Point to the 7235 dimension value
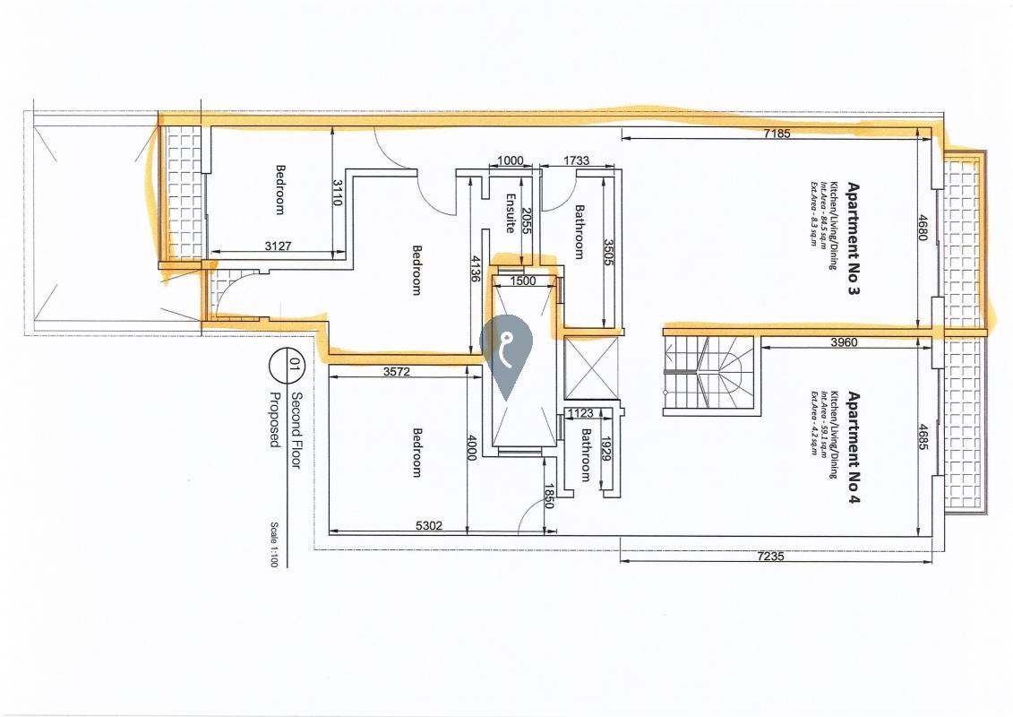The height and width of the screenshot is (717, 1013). pyautogui.click(x=771, y=556)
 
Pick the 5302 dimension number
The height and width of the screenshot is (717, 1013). pyautogui.click(x=429, y=526)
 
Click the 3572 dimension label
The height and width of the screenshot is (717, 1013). pyautogui.click(x=398, y=372)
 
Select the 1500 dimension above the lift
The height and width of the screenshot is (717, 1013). pyautogui.click(x=522, y=281)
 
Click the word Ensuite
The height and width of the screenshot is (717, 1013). pyautogui.click(x=511, y=213)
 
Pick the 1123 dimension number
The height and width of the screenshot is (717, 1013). pyautogui.click(x=581, y=413)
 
